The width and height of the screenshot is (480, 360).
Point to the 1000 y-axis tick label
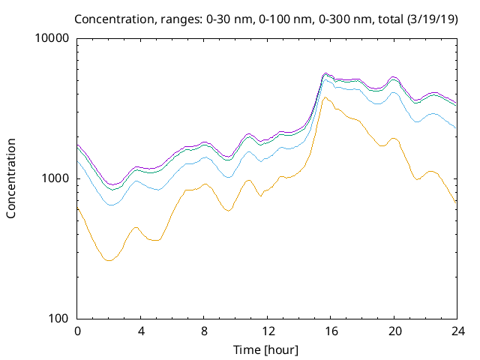point(57,178)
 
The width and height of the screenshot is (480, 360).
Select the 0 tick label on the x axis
point(77,331)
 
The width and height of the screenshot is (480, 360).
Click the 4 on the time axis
point(140,331)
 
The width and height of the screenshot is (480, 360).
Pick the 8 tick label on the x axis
point(204,331)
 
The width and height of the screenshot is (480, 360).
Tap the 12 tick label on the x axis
point(267,331)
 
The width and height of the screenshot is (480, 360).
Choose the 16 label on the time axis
point(330,331)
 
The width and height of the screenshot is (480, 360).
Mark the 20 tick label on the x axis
point(394,331)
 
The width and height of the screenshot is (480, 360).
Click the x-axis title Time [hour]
point(266,349)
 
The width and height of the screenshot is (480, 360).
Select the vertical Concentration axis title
point(11,178)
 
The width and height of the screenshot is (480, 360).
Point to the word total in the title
point(388,18)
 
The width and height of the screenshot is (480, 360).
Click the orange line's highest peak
point(325,97)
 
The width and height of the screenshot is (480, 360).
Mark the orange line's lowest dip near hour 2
point(109,260)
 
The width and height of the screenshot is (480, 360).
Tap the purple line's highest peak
point(325,73)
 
